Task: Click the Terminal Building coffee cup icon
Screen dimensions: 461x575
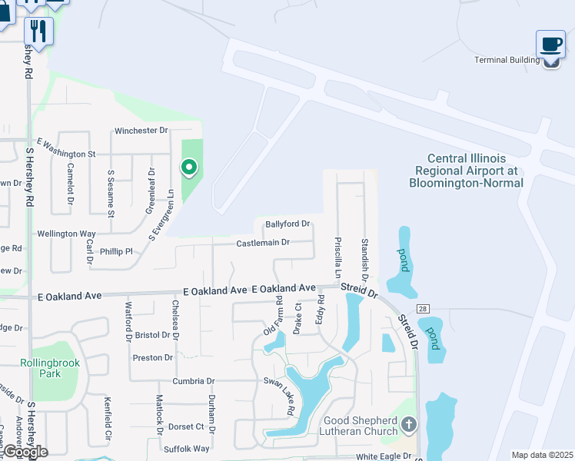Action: (550, 44)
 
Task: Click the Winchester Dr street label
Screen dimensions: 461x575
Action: (141, 131)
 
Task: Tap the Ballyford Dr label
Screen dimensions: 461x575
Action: (287, 224)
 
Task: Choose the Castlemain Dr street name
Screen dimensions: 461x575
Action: (263, 243)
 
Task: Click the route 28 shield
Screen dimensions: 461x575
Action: (422, 308)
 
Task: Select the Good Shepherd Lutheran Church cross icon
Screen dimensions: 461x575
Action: (409, 424)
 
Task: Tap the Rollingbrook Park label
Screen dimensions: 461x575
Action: (40, 368)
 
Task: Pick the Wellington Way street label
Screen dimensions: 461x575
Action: (66, 234)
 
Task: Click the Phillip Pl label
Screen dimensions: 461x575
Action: (116, 251)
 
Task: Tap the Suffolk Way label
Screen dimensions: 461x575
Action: (186, 449)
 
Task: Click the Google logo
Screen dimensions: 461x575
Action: (25, 452)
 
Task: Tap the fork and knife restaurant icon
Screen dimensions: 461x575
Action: (38, 31)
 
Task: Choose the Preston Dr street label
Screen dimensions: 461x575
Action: (152, 358)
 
